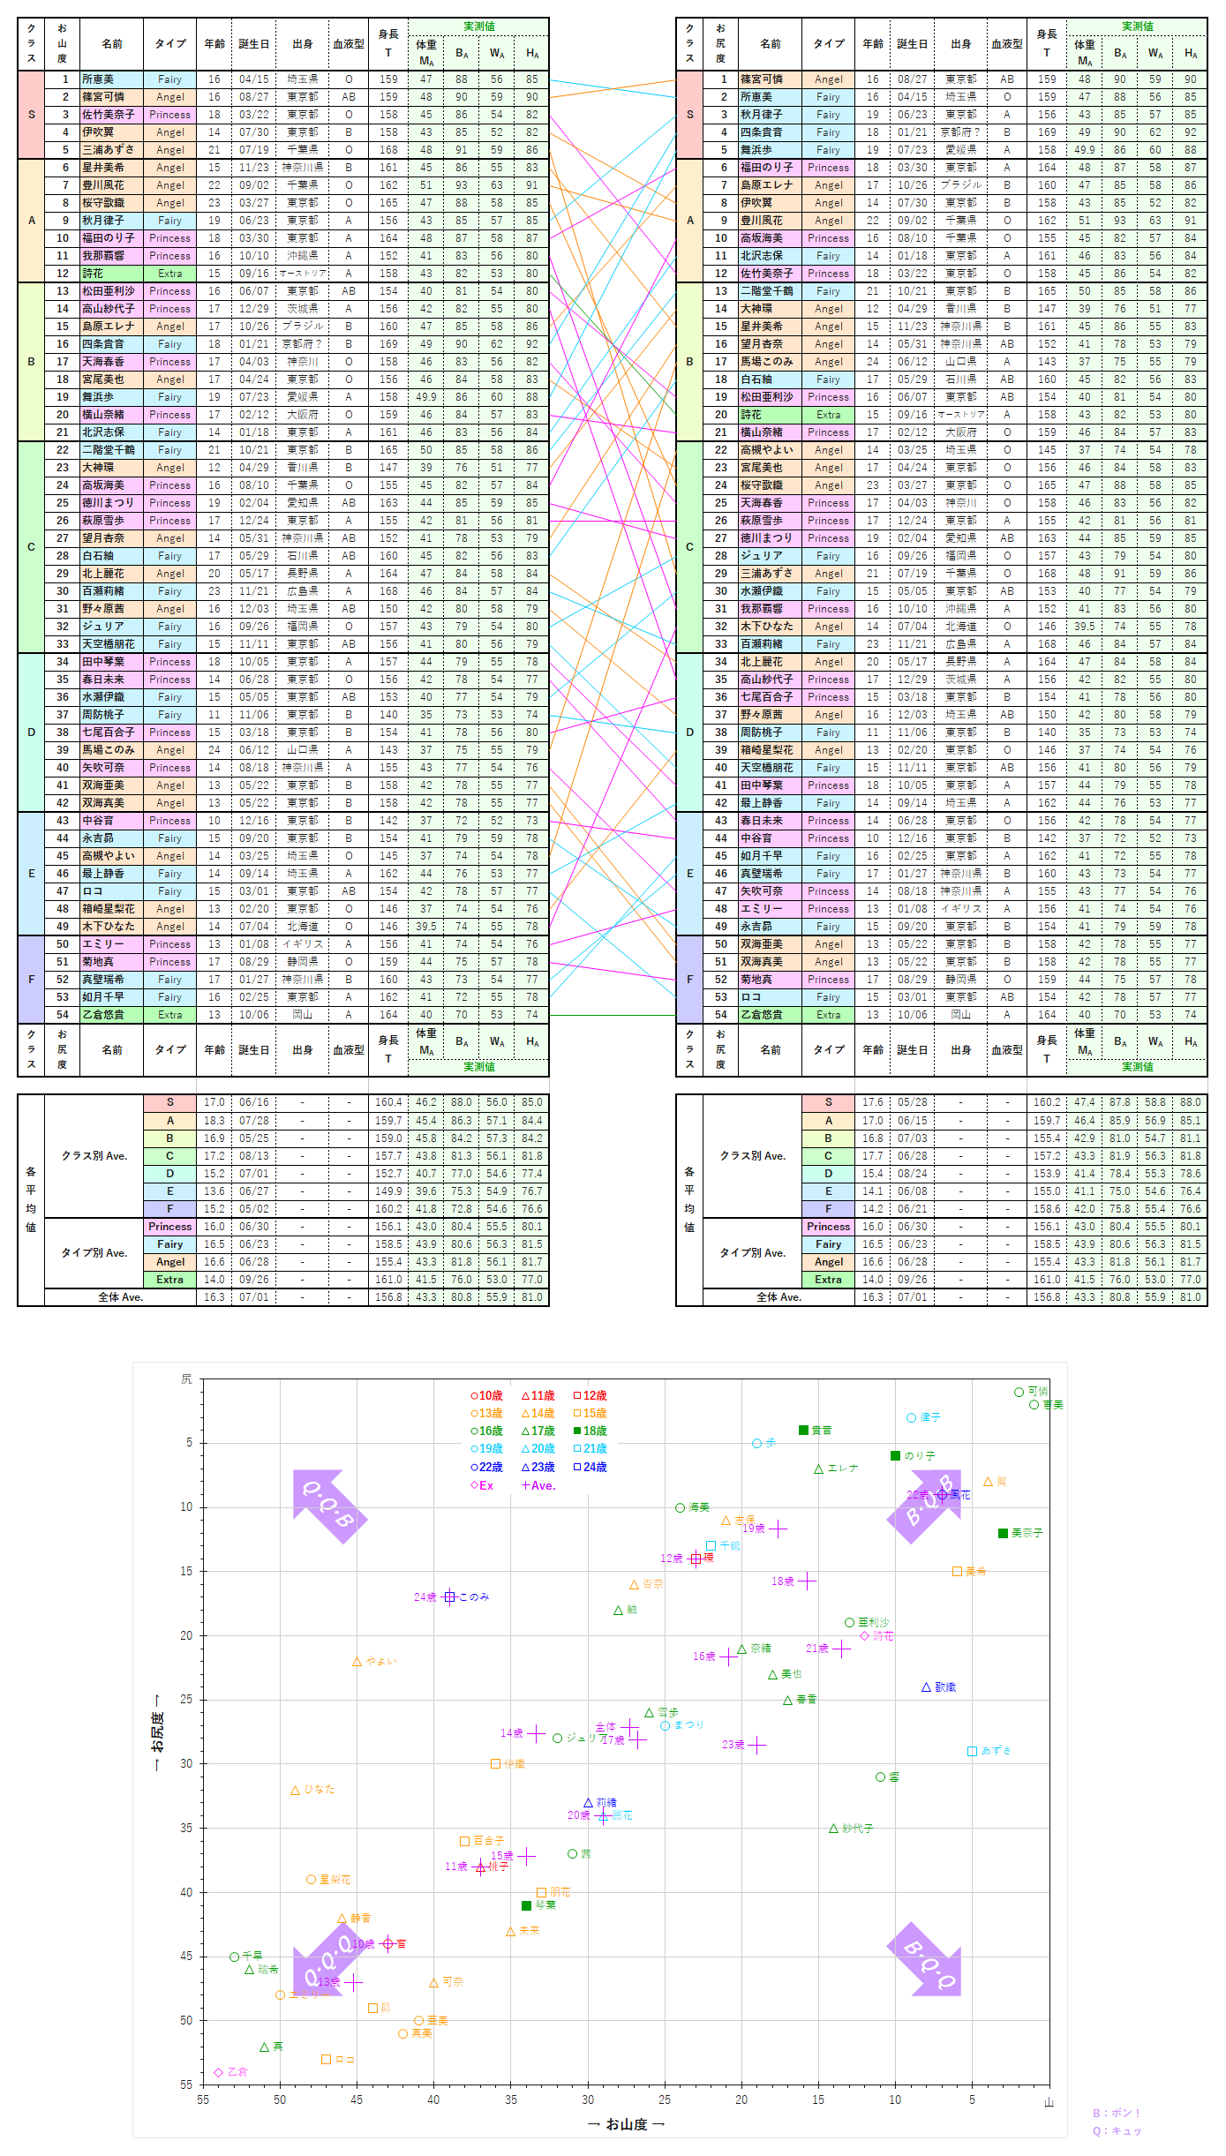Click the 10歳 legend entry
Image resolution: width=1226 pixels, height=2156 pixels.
[486, 1395]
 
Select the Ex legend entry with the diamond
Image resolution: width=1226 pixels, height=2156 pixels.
[481, 1485]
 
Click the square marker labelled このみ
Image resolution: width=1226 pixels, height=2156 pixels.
[449, 1596]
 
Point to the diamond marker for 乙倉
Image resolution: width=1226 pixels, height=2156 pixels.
[218, 2071]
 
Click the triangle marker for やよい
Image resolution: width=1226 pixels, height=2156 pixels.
[357, 1662]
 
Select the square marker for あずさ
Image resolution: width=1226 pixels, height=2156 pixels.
[972, 1751]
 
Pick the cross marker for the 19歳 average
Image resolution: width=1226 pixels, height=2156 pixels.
[778, 1529]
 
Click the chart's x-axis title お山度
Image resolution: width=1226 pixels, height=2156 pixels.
[626, 2124]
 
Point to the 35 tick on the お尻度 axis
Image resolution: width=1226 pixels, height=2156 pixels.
[186, 1828]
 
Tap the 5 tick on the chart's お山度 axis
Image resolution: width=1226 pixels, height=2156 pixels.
[972, 2100]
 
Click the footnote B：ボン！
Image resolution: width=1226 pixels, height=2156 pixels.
[1117, 2113]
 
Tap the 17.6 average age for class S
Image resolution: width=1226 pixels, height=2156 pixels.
[872, 1102]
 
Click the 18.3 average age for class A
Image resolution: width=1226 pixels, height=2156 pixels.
[214, 1120]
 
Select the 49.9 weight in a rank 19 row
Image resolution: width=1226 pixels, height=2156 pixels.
[426, 397]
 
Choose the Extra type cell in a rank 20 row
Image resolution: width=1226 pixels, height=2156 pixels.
[828, 415]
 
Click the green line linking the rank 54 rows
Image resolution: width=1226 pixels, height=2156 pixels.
[613, 1015]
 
